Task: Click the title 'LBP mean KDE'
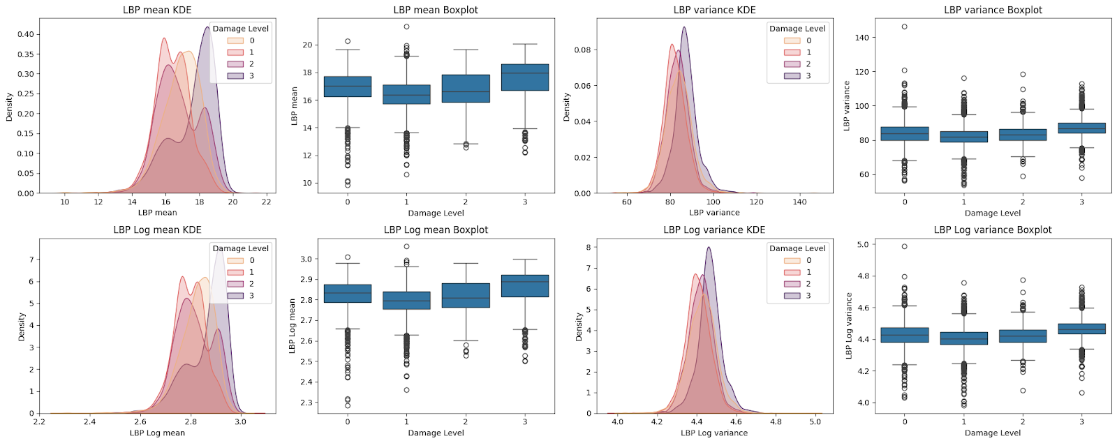(157, 10)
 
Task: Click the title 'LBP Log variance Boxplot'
(993, 230)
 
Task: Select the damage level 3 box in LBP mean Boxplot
(525, 77)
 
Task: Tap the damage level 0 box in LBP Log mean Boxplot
(348, 293)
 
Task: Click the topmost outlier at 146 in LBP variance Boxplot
(905, 27)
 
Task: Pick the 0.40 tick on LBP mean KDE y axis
(25, 34)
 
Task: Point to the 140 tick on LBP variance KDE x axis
(799, 202)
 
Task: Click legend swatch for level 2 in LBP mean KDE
(235, 64)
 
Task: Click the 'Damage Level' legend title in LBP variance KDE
(797, 29)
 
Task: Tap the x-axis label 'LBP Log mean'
(157, 433)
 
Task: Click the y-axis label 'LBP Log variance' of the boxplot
(849, 326)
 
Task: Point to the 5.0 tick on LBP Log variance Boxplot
(862, 245)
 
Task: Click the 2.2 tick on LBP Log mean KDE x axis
(39, 421)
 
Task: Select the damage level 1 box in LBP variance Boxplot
(964, 137)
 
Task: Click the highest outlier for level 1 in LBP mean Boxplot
(406, 27)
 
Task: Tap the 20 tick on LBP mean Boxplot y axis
(307, 45)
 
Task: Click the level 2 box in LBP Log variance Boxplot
(1023, 336)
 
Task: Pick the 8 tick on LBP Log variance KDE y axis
(589, 247)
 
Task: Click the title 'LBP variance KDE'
(714, 10)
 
